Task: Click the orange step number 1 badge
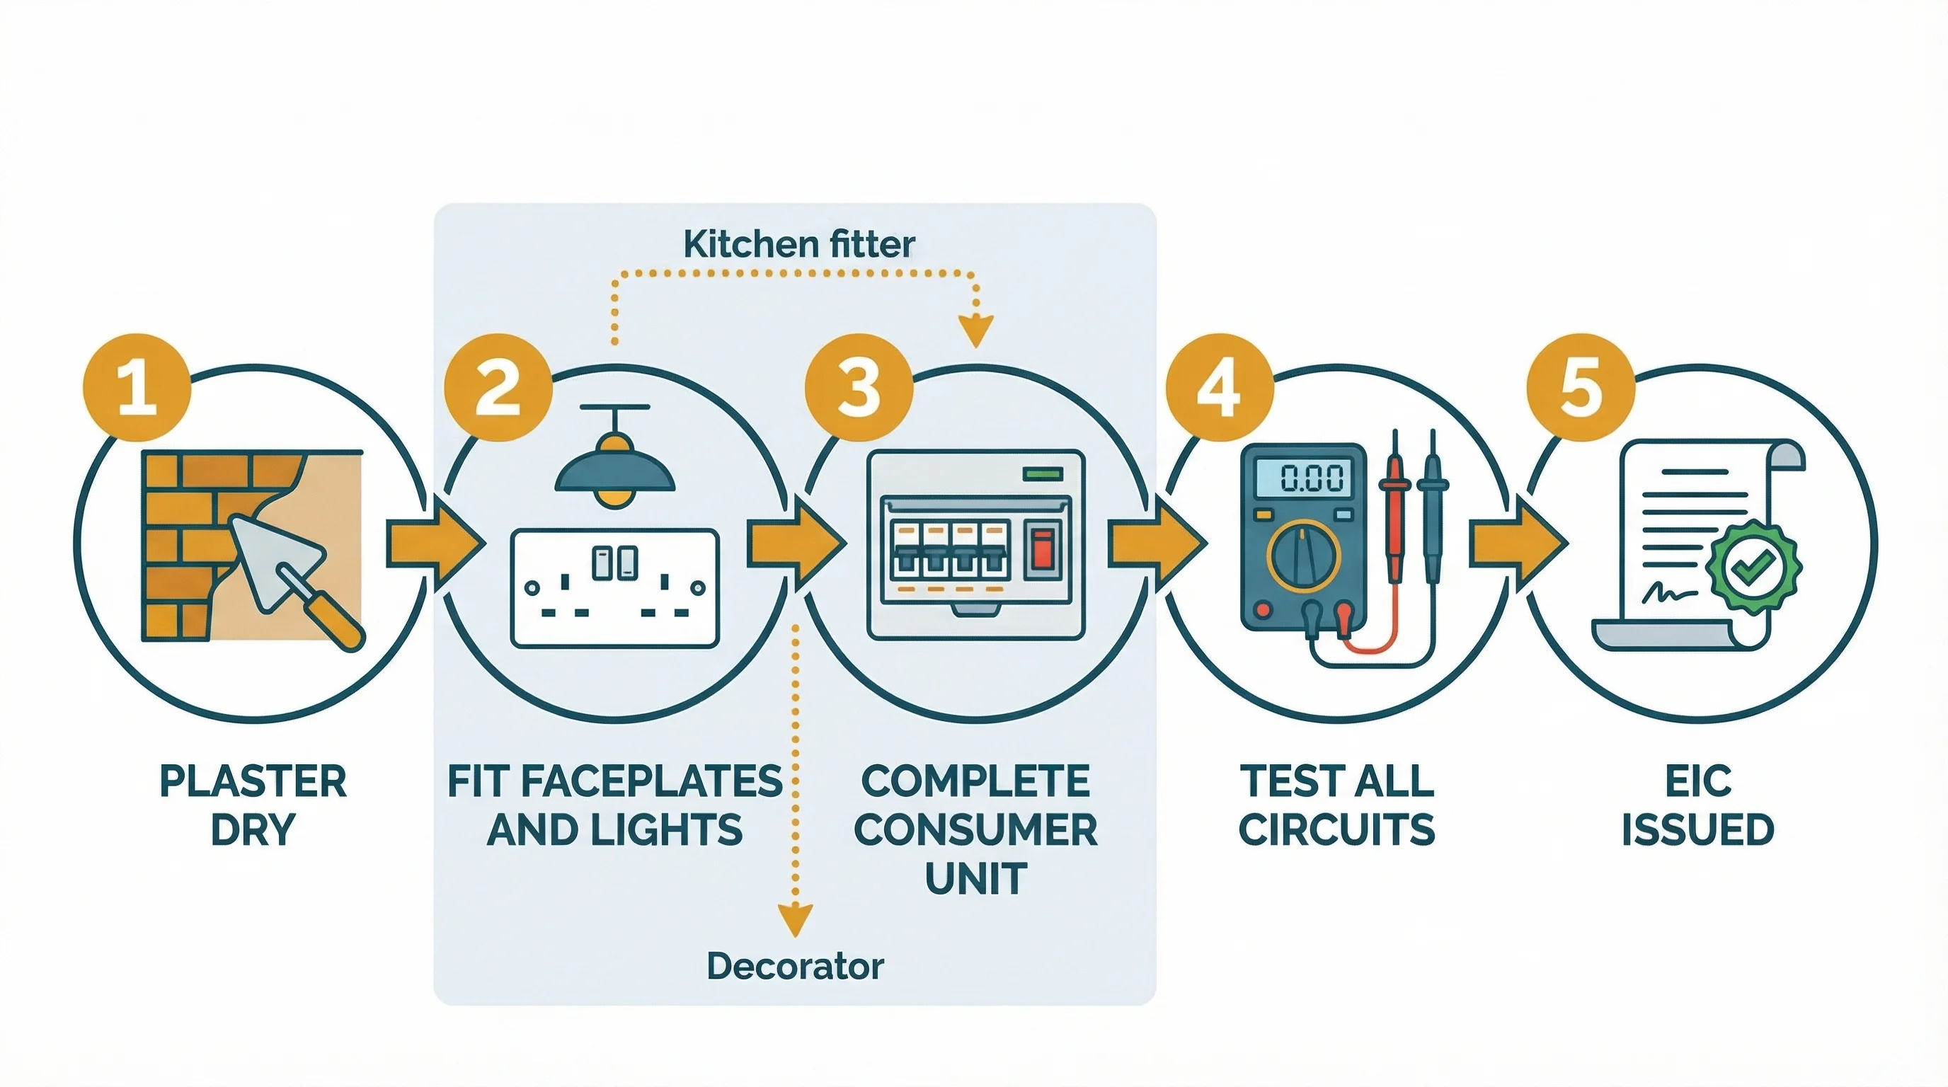(136, 388)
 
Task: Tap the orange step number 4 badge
(1219, 388)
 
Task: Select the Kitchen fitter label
(798, 245)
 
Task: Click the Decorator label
(795, 966)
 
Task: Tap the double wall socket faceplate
(614, 588)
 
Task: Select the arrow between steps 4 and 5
(1516, 543)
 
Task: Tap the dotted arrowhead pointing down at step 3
(975, 330)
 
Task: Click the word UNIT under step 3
(975, 878)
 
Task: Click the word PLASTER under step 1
(253, 781)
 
